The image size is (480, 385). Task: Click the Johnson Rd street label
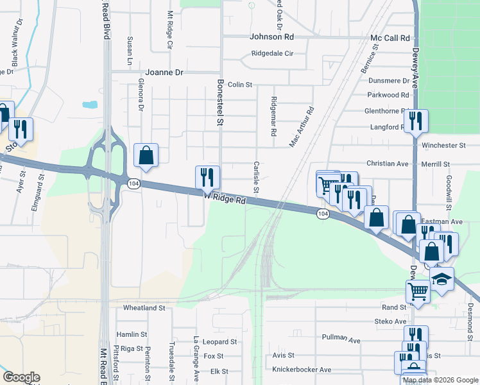click(271, 37)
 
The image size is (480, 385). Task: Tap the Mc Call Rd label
click(390, 38)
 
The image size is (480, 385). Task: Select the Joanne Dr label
click(164, 73)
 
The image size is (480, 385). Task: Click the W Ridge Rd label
click(225, 199)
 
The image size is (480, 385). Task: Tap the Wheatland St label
click(144, 308)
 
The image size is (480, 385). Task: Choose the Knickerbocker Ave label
click(302, 370)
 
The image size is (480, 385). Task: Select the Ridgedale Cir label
click(272, 54)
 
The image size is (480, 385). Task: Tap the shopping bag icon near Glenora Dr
click(146, 155)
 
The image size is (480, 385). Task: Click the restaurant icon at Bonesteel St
click(207, 177)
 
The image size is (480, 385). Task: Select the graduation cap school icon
click(441, 278)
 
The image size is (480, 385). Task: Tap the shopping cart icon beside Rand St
click(418, 291)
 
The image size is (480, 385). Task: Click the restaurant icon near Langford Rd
click(416, 121)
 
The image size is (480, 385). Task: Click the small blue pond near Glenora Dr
click(90, 104)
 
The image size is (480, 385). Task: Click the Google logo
click(21, 377)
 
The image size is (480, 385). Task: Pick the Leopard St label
click(219, 342)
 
